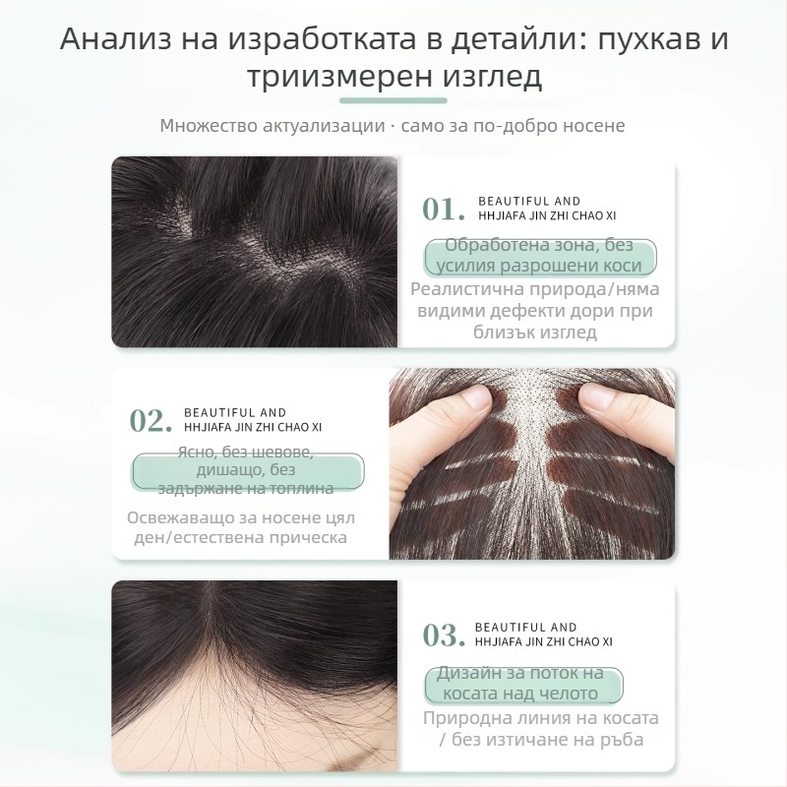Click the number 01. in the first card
(443, 209)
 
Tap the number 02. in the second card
(151, 420)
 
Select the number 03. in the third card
(443, 635)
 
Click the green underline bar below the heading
(393, 100)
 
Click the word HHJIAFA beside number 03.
(502, 641)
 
